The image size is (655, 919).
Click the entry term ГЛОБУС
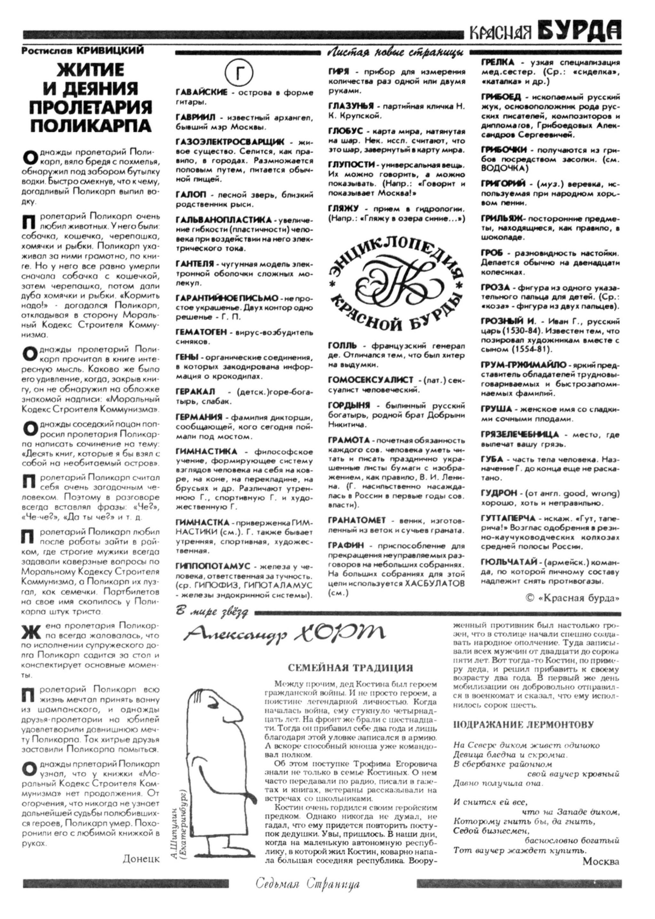pos(346,132)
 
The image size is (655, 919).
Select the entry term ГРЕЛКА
pos(497,62)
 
